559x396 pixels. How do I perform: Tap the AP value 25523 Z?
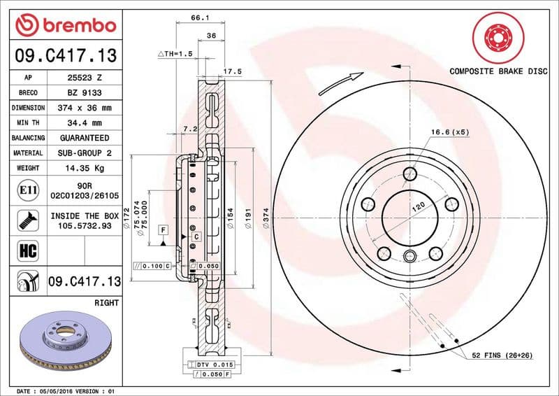tap(81, 78)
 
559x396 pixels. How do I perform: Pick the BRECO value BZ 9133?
tap(81, 92)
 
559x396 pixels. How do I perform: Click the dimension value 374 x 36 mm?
tap(81, 108)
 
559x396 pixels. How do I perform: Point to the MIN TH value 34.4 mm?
tap(81, 123)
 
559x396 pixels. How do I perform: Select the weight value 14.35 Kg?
tap(81, 169)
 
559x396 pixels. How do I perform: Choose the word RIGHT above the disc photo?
tap(106, 303)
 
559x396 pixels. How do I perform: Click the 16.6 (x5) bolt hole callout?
tap(449, 132)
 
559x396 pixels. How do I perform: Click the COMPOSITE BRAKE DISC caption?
tap(498, 71)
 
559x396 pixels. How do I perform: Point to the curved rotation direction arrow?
tap(340, 83)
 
